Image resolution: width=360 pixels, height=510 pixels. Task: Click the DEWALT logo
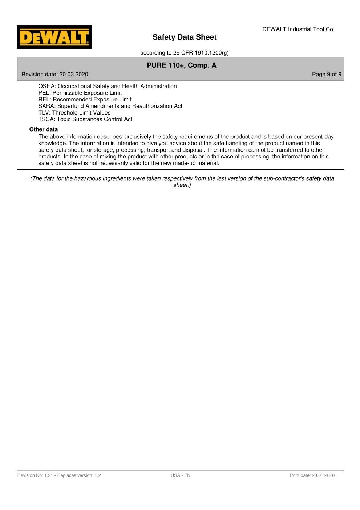pos(54,37)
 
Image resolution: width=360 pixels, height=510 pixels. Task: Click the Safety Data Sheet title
pos(184,37)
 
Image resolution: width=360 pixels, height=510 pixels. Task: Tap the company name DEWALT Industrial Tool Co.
pos(298,29)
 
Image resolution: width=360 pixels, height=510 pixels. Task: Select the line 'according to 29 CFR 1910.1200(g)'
pos(184,53)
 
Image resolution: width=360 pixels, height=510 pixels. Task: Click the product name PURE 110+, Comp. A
pos(182,65)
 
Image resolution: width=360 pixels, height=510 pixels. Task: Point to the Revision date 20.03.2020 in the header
pos(55,75)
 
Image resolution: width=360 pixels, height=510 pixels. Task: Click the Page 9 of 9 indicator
pos(326,75)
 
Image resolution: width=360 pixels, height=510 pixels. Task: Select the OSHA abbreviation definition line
pos(108,86)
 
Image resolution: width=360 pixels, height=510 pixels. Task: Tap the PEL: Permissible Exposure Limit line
pos(80,93)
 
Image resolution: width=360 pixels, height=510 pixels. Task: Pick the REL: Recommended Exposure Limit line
pos(85,99)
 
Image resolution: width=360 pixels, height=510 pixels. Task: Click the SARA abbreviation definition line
pos(110,106)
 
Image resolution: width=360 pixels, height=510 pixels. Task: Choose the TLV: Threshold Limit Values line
pos(74,113)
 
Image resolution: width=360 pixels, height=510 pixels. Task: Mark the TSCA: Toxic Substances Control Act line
pos(85,119)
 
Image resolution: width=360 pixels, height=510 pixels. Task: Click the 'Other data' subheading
pos(44,129)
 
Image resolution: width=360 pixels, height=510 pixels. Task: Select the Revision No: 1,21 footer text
pos(59,475)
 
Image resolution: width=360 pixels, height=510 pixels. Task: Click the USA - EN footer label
pos(181,475)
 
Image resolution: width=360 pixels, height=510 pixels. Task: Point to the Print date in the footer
pos(312,475)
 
